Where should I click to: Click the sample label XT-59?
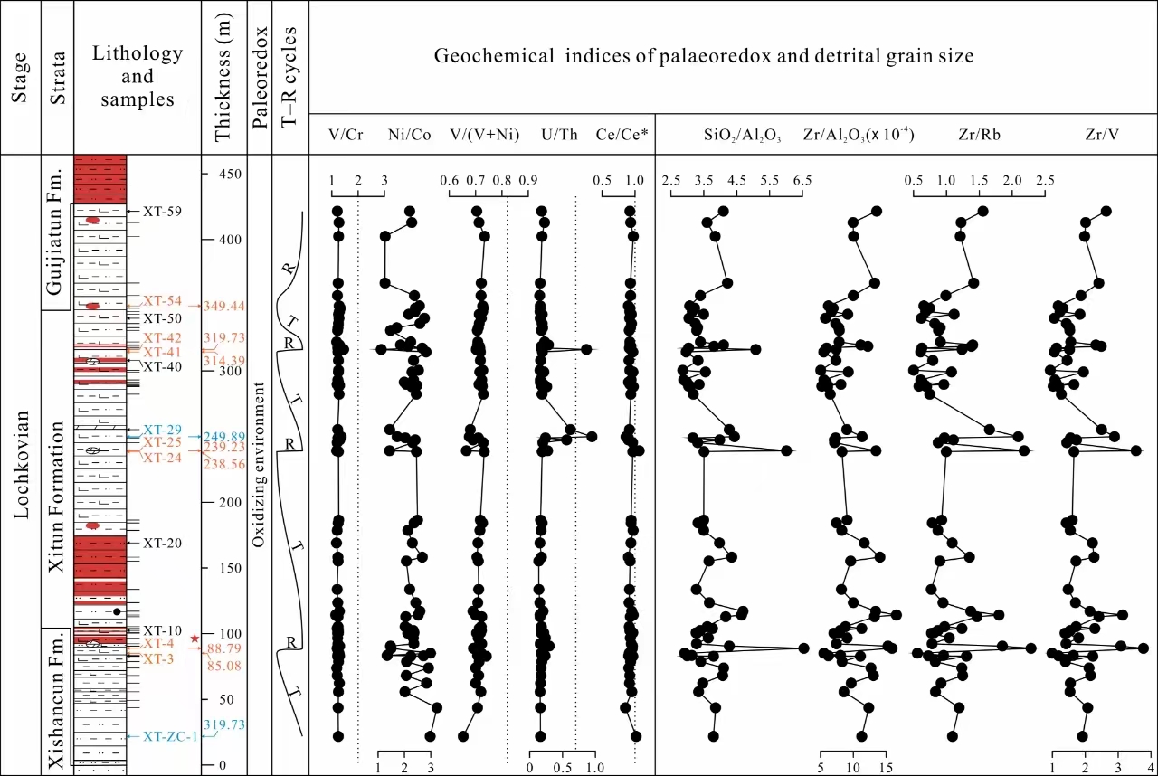163,212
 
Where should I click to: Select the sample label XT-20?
162,543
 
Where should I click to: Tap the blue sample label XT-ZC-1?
169,737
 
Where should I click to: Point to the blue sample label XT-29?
163,429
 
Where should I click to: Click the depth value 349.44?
225,306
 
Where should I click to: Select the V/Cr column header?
347,137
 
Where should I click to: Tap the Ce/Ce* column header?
620,137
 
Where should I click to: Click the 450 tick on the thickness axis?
234,174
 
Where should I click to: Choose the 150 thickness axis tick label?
234,568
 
